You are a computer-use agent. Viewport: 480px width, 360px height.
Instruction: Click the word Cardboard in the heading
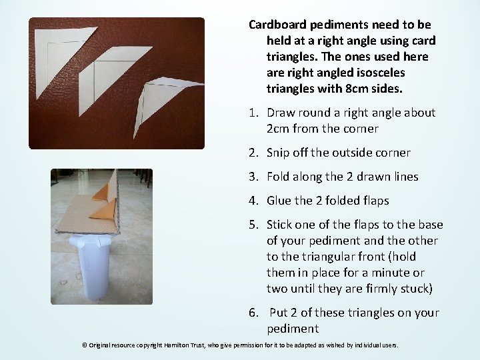tap(277, 25)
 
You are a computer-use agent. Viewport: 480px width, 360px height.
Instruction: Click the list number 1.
tap(254, 113)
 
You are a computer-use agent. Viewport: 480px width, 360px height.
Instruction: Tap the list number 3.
tap(254, 177)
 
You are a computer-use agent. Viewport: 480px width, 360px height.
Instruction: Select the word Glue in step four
tap(279, 201)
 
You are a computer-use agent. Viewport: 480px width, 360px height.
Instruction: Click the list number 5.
tap(254, 225)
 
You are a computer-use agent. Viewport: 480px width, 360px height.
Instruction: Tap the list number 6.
tap(254, 313)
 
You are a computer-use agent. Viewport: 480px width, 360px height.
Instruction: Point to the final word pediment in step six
tap(293, 329)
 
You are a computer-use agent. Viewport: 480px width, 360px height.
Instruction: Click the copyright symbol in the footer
tap(85, 345)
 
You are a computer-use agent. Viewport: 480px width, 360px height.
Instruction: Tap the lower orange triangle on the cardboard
tap(103, 210)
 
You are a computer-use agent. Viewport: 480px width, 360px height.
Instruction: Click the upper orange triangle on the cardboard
tap(101, 193)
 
